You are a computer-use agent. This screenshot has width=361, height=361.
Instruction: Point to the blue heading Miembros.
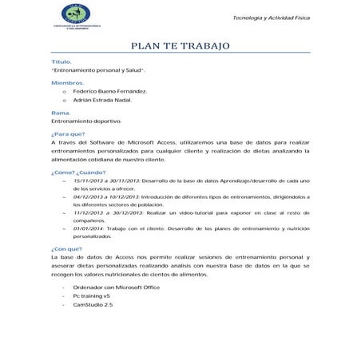[x=67, y=83]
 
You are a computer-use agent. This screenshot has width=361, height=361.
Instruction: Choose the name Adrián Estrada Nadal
[x=101, y=102]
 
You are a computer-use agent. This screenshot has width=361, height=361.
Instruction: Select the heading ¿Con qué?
[x=65, y=249]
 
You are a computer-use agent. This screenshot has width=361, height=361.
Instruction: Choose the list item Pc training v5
[x=91, y=296]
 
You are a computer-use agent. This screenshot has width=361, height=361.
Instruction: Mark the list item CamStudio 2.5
[x=93, y=305]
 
